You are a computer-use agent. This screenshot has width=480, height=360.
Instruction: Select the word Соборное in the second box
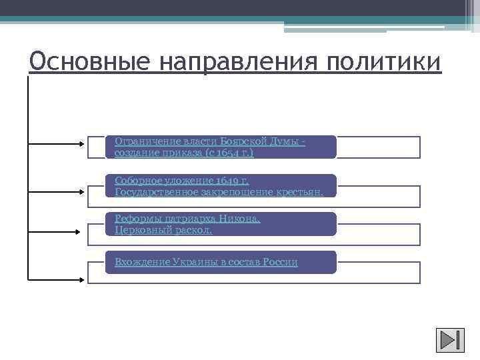pos(136,180)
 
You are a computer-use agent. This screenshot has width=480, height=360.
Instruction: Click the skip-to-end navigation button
pos(450,341)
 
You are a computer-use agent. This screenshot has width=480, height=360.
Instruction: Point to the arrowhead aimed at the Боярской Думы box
pos(81,143)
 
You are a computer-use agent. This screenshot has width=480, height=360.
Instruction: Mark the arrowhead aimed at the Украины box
pos(81,278)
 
